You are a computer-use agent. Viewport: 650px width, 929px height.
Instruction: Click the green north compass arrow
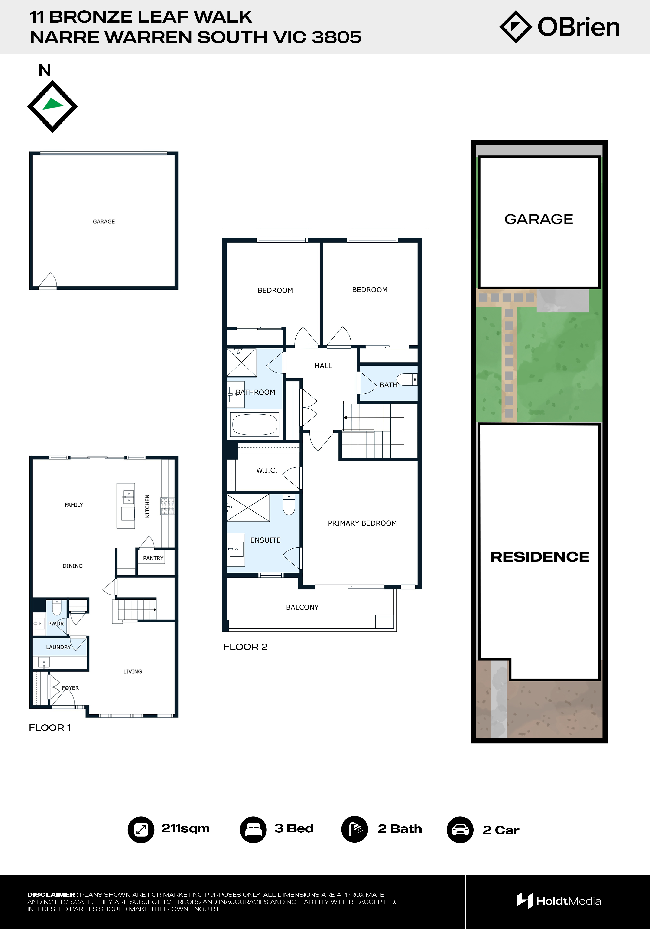point(53,104)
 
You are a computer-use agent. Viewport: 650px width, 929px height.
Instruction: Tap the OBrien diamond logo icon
point(516,27)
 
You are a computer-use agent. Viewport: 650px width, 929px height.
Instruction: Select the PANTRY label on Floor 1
point(153,558)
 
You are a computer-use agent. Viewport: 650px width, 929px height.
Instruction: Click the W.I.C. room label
point(266,470)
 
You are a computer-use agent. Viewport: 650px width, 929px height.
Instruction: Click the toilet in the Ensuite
point(289,504)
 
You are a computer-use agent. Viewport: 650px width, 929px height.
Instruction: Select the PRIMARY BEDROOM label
point(362,523)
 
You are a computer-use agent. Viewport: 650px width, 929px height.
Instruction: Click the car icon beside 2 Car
point(460,829)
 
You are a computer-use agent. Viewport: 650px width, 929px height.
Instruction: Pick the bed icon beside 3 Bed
point(253,829)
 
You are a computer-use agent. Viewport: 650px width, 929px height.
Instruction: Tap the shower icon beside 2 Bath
point(355,829)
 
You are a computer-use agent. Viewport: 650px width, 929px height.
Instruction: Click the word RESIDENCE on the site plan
point(539,557)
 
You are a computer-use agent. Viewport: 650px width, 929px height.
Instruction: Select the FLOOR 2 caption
point(246,647)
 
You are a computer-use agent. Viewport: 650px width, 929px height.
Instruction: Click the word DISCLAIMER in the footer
point(51,895)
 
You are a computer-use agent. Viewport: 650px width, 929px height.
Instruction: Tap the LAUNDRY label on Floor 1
point(59,647)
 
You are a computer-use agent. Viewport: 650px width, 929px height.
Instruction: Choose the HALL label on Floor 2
point(324,366)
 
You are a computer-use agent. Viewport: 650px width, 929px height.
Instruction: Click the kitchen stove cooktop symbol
point(167,506)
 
